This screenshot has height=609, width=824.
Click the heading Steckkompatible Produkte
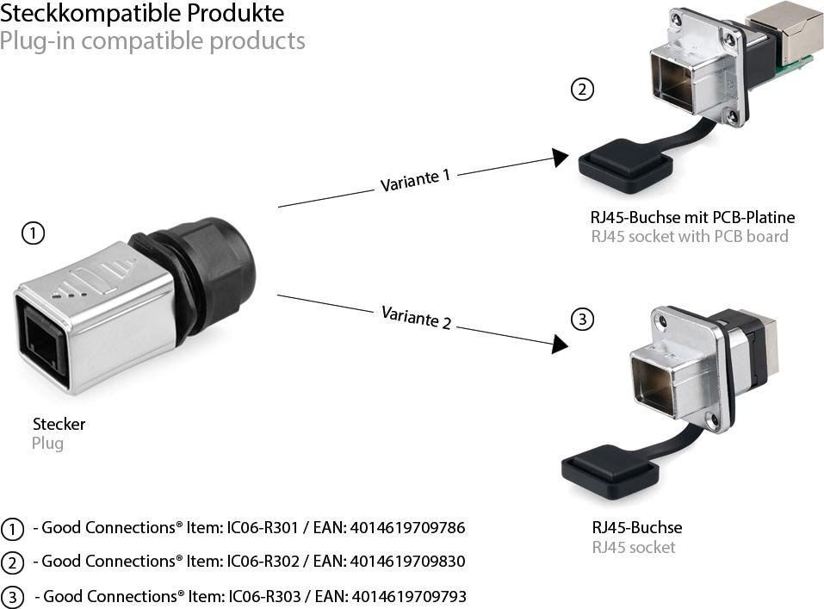(x=141, y=14)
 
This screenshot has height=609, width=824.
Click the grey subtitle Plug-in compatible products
(x=152, y=40)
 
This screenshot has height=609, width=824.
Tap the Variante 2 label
(x=416, y=316)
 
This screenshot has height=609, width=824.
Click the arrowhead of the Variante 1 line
(x=561, y=158)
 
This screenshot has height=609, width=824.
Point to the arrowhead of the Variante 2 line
(x=561, y=345)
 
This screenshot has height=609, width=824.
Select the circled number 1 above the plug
(x=33, y=233)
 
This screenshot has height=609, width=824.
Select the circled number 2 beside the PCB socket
(x=583, y=89)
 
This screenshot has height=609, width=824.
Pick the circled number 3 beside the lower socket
(x=583, y=320)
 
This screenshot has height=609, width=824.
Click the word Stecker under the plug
(x=59, y=424)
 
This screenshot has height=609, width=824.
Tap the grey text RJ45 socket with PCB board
(x=689, y=236)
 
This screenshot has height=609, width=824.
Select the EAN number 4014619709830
(x=407, y=562)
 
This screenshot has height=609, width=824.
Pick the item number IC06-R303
(x=263, y=596)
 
